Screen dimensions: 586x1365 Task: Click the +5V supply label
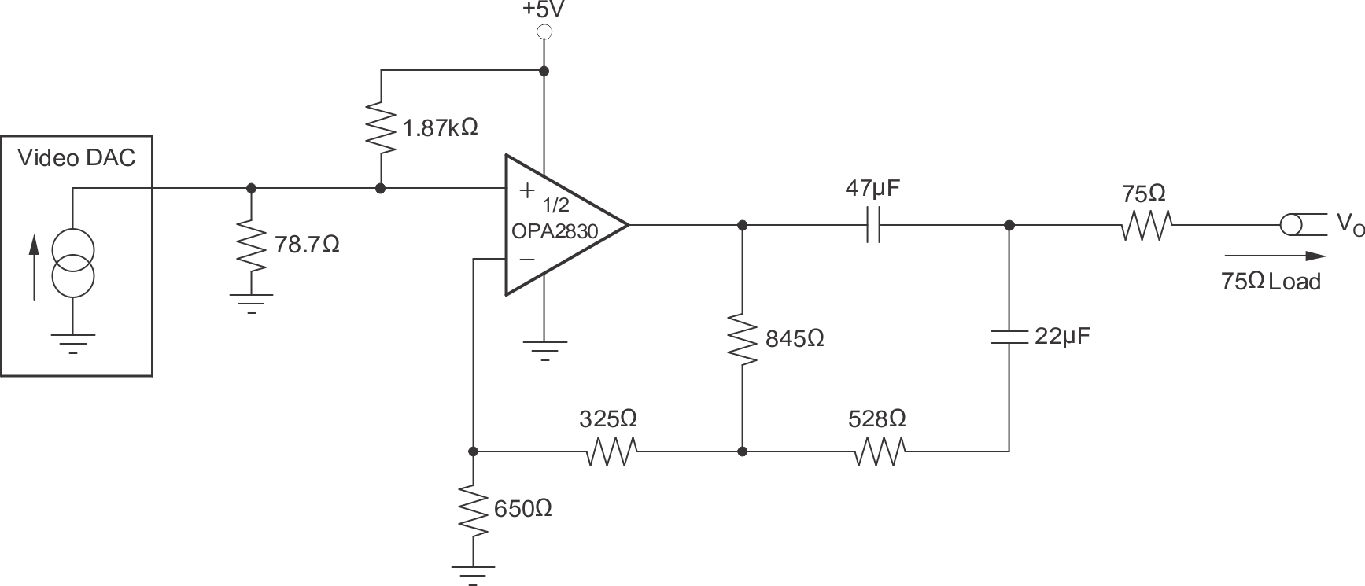click(x=542, y=10)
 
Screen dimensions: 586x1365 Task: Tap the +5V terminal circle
click(x=543, y=32)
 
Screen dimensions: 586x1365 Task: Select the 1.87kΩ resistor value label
click(x=440, y=127)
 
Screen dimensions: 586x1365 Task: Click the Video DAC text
click(x=76, y=158)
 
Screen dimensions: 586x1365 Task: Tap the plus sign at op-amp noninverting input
click(x=527, y=190)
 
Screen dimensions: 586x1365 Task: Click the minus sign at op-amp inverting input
click(x=527, y=258)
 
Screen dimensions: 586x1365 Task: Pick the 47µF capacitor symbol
click(x=872, y=225)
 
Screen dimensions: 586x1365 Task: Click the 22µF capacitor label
click(x=1062, y=337)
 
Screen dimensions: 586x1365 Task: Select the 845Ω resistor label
click(x=795, y=339)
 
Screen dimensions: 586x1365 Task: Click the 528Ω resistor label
click(x=876, y=419)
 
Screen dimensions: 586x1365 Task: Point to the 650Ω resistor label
click(x=522, y=509)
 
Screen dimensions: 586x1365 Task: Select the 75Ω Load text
click(x=1270, y=282)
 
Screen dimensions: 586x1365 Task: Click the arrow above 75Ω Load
click(x=1275, y=256)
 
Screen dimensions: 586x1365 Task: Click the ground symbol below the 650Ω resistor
click(x=473, y=573)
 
